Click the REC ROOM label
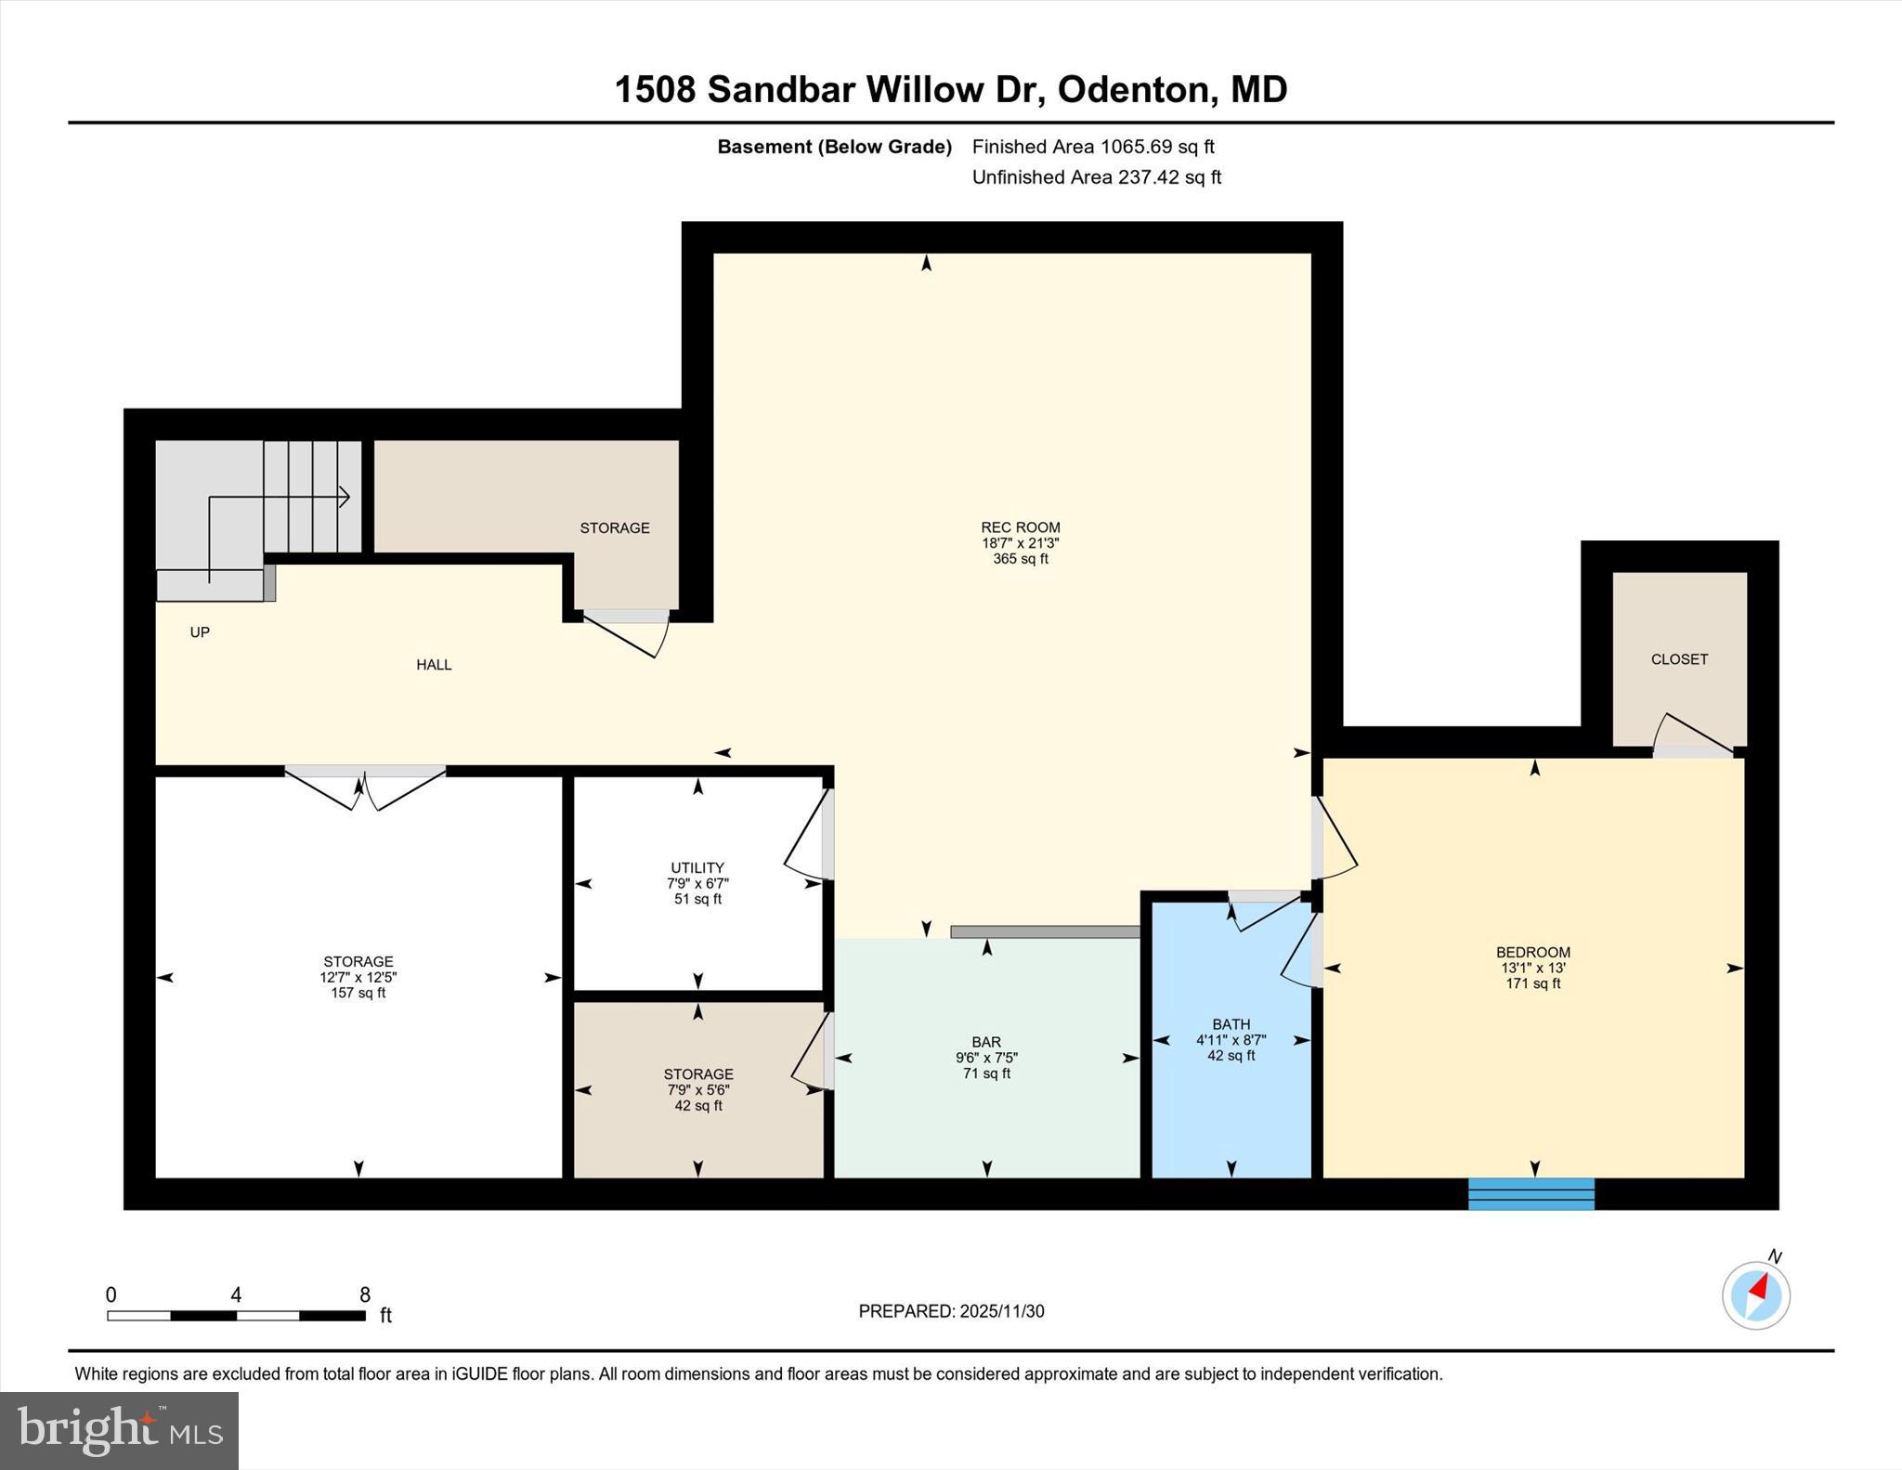click(x=1020, y=527)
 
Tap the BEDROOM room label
click(x=1532, y=952)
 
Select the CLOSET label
click(x=1679, y=659)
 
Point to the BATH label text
click(x=1231, y=1024)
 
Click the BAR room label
click(x=986, y=1042)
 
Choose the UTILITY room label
click(x=697, y=868)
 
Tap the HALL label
click(x=434, y=665)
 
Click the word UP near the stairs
click(x=200, y=632)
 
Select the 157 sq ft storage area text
click(x=358, y=993)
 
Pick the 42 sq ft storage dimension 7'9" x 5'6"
click(x=697, y=1090)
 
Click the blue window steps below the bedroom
click(x=1531, y=1193)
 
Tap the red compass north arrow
click(x=1758, y=1288)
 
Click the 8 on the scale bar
click(x=365, y=1294)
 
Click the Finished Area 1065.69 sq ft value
click(x=1156, y=147)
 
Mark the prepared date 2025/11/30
click(x=1001, y=1311)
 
